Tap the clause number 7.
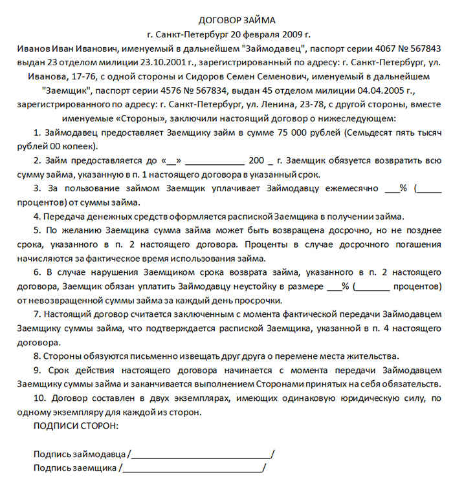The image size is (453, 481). coord(36,314)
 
